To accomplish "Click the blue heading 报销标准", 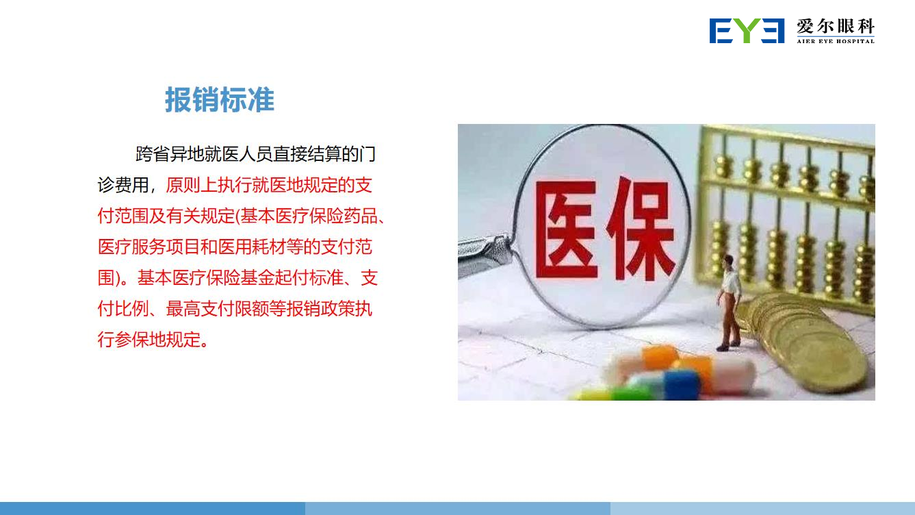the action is click(x=220, y=100).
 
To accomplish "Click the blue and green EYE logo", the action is click(x=747, y=31).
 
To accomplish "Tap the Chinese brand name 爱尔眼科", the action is click(x=836, y=27).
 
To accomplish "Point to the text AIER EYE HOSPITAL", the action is click(x=836, y=41).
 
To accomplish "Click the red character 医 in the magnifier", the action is click(x=567, y=229).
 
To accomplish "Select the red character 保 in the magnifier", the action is click(x=641, y=229).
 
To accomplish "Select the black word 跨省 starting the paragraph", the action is click(x=153, y=155).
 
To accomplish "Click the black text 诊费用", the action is click(x=123, y=185).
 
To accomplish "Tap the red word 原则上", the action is click(x=191, y=185).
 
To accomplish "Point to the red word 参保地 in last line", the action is click(x=140, y=339).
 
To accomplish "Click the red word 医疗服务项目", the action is click(x=149, y=247).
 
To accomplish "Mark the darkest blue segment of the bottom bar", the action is click(x=153, y=508).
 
